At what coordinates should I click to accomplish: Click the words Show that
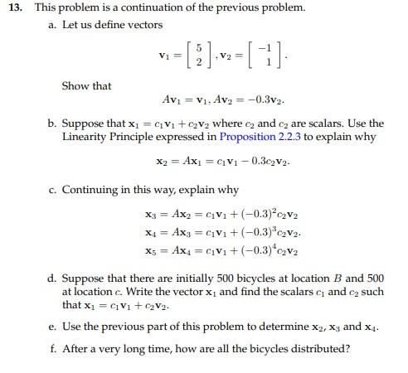click(x=86, y=85)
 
